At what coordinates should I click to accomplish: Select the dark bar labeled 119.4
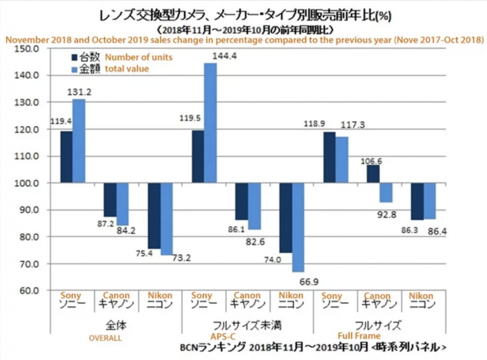coord(66,157)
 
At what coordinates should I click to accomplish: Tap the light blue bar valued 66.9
coord(298,228)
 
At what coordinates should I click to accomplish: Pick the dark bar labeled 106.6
coord(373,174)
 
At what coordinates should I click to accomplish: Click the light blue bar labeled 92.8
coord(386,193)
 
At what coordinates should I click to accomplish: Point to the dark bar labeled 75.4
coord(154,216)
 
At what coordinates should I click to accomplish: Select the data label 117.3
coord(352,125)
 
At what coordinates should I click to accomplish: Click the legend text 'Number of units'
coord(138,58)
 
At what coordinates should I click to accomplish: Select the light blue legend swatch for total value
coord(76,69)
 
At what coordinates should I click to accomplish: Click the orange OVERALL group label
coord(105,337)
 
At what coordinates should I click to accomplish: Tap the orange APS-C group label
coord(223,336)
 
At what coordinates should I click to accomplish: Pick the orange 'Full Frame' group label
coord(359,336)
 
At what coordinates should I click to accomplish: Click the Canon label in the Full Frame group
coord(377,296)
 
